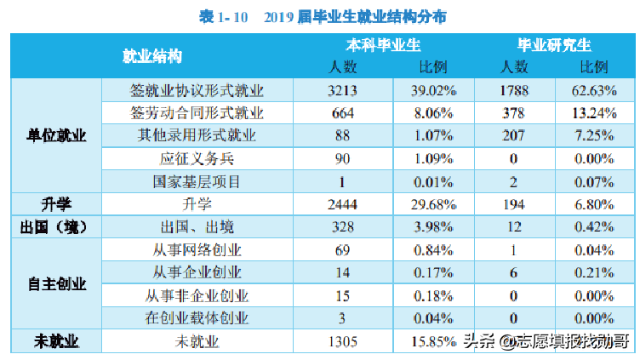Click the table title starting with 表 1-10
[321, 16]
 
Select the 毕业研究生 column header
[555, 45]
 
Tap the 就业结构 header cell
[152, 56]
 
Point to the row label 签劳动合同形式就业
[197, 112]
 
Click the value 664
[344, 112]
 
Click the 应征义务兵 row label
[197, 158]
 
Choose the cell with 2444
[344, 204]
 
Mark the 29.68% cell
[429, 204]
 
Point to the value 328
[344, 227]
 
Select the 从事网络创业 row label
[197, 249]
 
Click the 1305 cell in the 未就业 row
[344, 341]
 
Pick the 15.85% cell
[429, 341]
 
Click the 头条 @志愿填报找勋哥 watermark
[545, 341]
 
